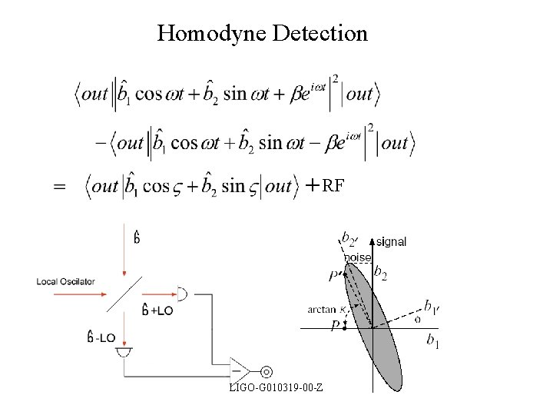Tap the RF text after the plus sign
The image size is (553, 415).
click(x=333, y=185)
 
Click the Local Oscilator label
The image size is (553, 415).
click(x=65, y=281)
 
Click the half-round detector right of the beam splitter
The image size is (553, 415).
click(x=183, y=293)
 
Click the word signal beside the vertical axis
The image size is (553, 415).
click(x=391, y=241)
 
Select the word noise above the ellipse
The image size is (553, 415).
click(x=357, y=257)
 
